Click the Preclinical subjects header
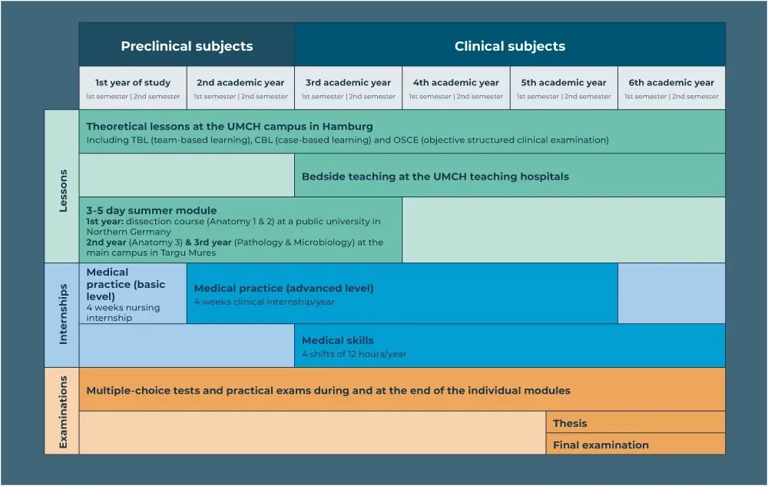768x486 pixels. [x=187, y=46]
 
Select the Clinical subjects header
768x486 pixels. [x=510, y=46]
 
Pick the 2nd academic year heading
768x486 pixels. [x=240, y=83]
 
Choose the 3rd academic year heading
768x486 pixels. [x=348, y=83]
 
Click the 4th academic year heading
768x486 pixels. [x=456, y=83]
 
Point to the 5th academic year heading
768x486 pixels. [x=564, y=83]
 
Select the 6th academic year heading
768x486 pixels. [x=671, y=83]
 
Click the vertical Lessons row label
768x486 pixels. [x=63, y=190]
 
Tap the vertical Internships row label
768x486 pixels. [x=63, y=314]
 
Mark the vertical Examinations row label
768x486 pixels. [x=63, y=412]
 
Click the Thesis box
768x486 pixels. [x=636, y=422]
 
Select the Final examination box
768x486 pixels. [x=636, y=444]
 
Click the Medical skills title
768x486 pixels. [x=337, y=340]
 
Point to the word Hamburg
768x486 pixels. [x=348, y=127]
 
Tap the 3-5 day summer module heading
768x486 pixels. [x=151, y=210]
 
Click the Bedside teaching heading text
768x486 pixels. [x=435, y=177]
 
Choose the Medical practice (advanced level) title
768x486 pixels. [x=283, y=288]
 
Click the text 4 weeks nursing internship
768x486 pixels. [x=123, y=312]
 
